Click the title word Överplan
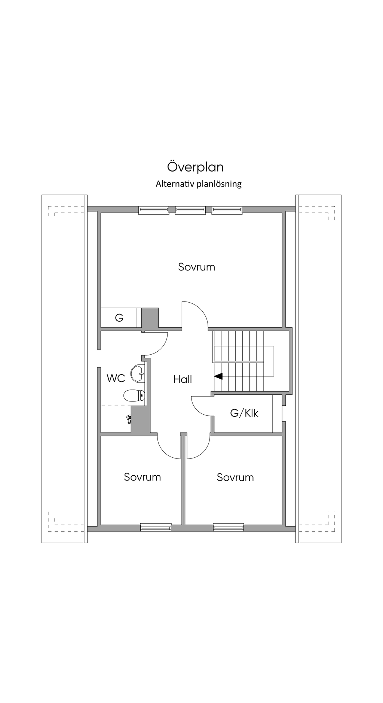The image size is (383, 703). (x=195, y=167)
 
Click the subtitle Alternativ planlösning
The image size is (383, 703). (x=199, y=184)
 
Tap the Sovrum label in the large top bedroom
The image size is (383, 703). (x=196, y=267)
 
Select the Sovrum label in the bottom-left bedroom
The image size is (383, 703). (x=143, y=477)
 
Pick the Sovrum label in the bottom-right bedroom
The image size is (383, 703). (x=235, y=477)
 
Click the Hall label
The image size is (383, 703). (x=183, y=379)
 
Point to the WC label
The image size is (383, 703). (x=116, y=378)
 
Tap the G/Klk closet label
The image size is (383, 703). (x=244, y=413)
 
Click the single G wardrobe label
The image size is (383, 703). (x=119, y=318)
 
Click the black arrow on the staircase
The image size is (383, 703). (x=218, y=376)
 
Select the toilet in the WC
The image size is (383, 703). (x=134, y=396)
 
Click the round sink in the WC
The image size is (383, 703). (x=138, y=373)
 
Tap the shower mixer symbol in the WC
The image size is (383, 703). (x=129, y=418)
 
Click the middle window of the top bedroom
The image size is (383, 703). (x=190, y=210)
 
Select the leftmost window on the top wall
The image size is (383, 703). (x=154, y=210)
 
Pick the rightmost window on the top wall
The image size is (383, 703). (x=227, y=210)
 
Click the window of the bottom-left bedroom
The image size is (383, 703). (x=156, y=527)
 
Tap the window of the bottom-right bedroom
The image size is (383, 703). (x=229, y=527)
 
